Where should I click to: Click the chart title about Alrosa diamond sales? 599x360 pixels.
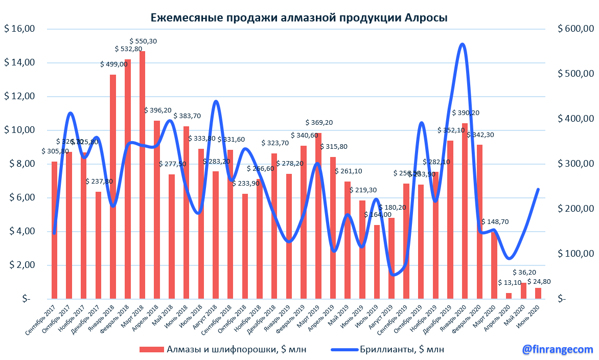(x=299, y=18)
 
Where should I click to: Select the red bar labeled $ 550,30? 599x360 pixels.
(x=142, y=174)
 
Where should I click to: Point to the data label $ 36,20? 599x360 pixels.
(x=523, y=273)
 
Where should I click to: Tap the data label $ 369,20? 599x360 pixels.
(x=319, y=123)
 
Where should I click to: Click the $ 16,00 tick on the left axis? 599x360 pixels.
(x=19, y=29)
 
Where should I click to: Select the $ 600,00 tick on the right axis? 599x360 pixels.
(x=575, y=29)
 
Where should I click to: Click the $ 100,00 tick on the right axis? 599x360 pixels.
(x=575, y=254)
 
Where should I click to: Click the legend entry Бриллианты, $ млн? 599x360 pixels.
(x=402, y=349)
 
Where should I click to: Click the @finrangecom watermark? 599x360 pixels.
(x=557, y=349)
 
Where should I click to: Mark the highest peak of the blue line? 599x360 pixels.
(x=462, y=44)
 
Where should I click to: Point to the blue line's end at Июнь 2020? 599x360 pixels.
(x=538, y=189)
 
